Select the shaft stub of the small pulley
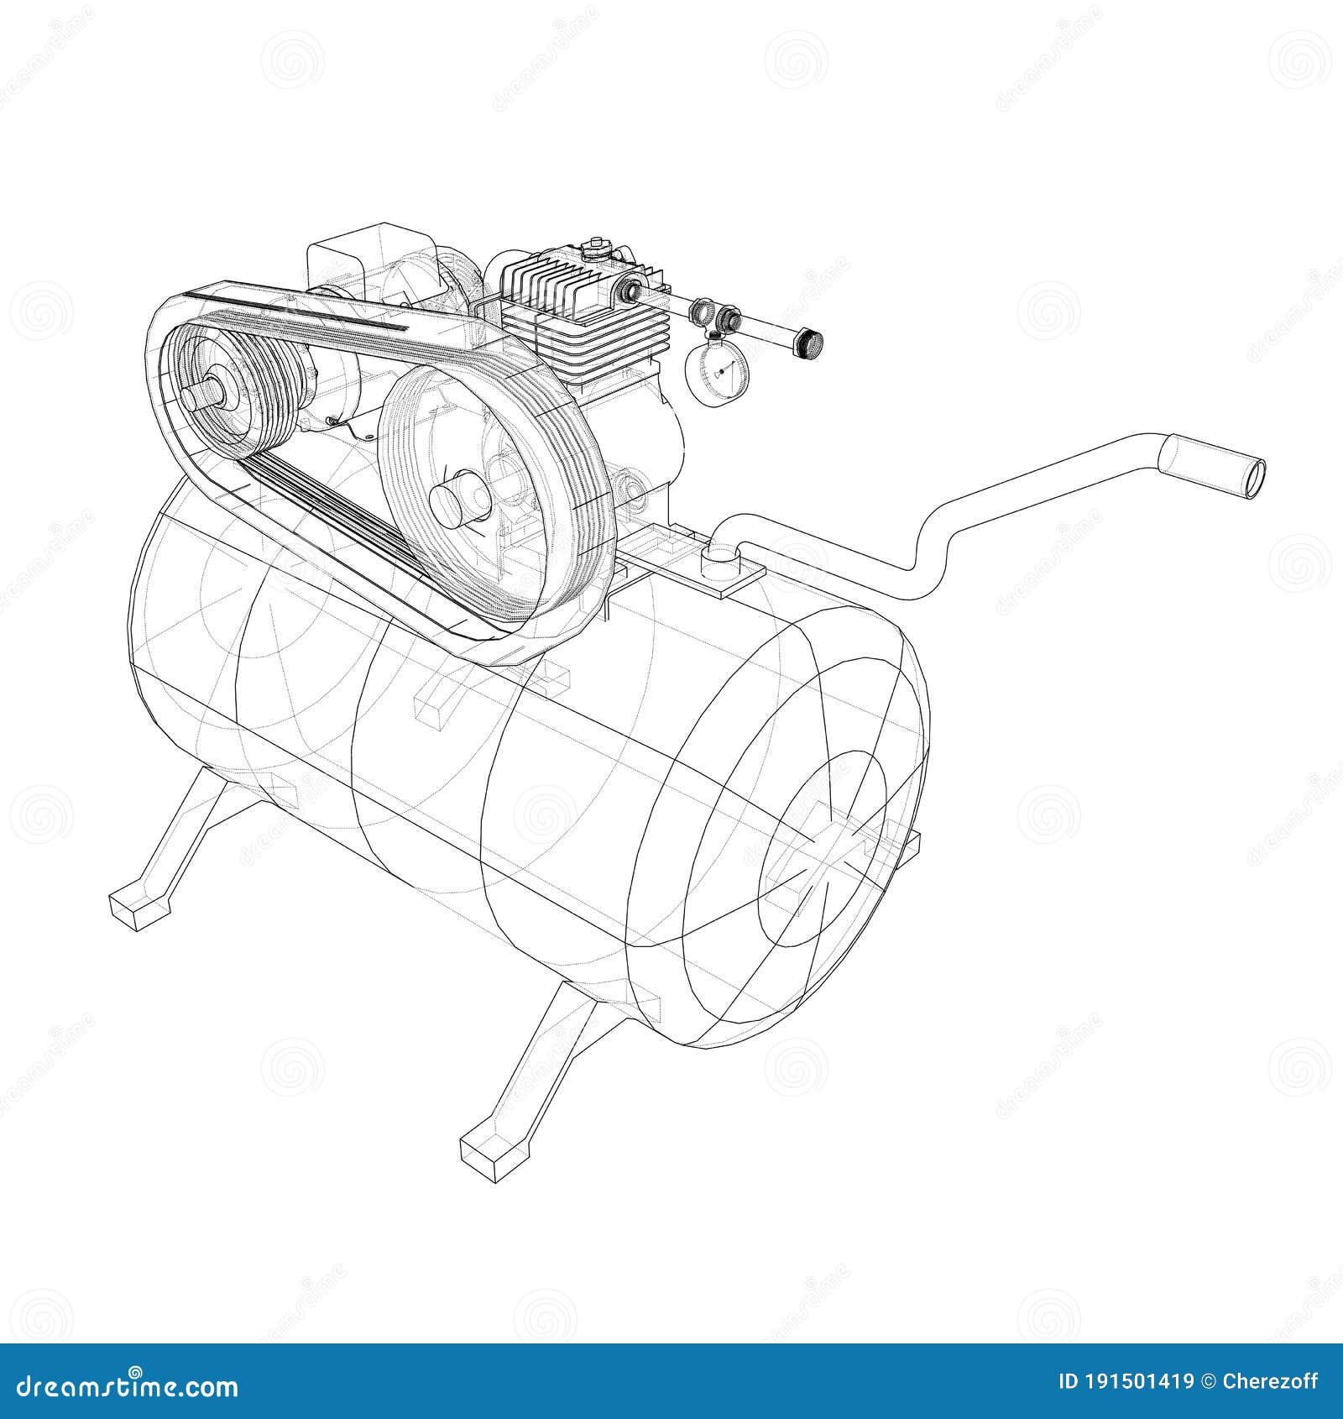click(x=203, y=394)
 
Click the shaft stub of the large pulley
click(x=453, y=496)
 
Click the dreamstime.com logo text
click(x=122, y=1385)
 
